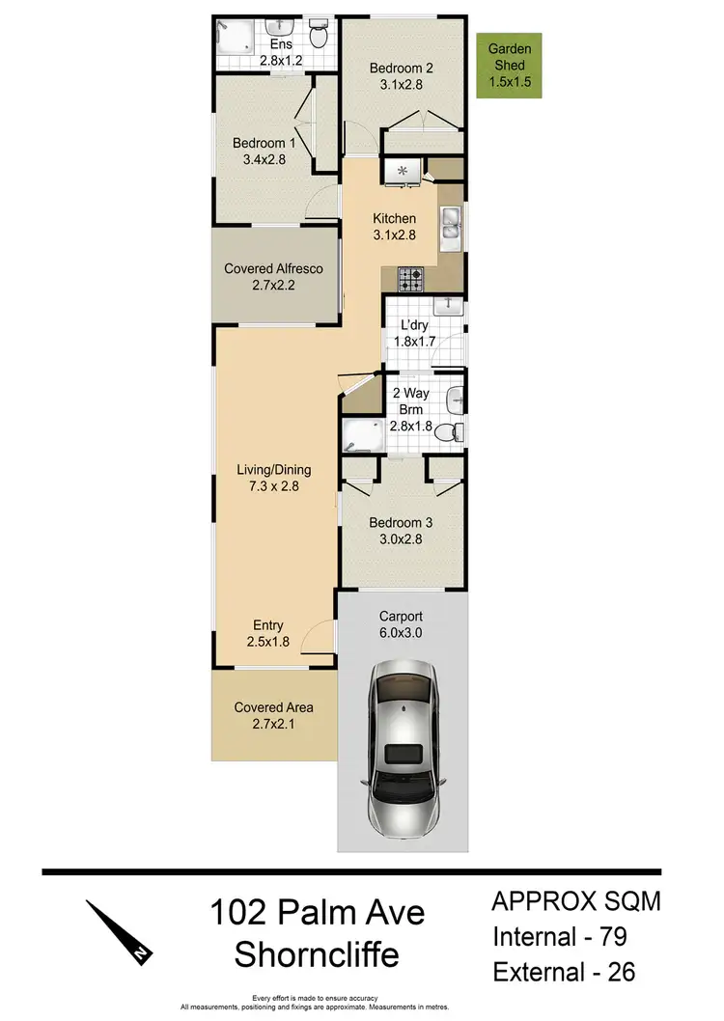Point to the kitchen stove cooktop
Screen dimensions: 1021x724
409,279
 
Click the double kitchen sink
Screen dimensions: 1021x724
451,226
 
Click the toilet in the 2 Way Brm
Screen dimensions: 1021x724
446,432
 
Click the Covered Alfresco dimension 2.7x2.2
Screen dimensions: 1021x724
273,284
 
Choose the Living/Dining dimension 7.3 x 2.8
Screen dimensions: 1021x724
274,486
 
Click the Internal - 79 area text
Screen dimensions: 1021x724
564,936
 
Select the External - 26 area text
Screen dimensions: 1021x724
565,971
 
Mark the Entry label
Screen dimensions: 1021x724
268,625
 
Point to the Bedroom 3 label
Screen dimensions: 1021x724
401,522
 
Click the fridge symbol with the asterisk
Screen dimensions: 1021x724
403,172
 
